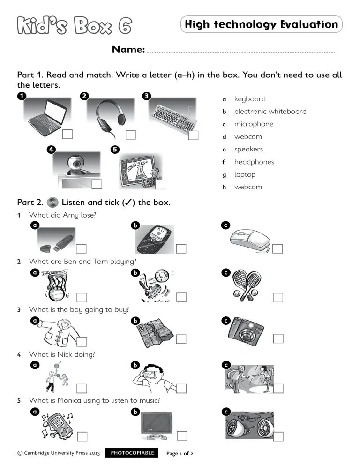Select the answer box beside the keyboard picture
pyautogui.click(x=194, y=135)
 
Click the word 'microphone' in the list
pyautogui.click(x=254, y=124)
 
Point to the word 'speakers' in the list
pyautogui.click(x=248, y=150)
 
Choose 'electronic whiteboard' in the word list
pyautogui.click(x=270, y=112)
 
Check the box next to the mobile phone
pyautogui.click(x=181, y=248)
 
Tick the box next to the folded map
pyautogui.click(x=181, y=339)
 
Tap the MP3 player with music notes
pyautogui.click(x=56, y=425)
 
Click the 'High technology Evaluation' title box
pyautogui.click(x=261, y=24)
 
